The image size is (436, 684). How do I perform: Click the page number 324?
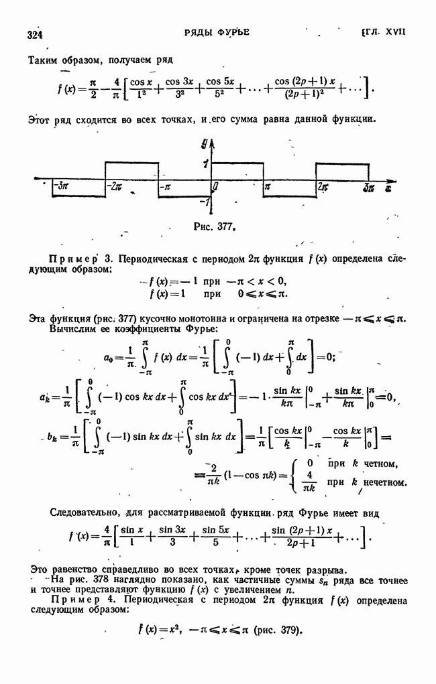pos(35,35)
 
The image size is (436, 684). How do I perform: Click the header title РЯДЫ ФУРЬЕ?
pos(217,32)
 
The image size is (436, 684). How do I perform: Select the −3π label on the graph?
pos(60,186)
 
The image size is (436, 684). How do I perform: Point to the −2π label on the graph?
pos(115,186)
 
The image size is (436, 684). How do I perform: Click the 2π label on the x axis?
pos(323,187)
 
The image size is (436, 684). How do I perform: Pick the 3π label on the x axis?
pos(369,188)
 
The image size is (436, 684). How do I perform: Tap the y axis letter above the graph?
pos(205,142)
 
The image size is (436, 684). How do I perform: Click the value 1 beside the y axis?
pos(204,163)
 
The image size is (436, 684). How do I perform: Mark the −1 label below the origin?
pos(204,202)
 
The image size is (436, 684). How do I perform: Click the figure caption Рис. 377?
pos(213,227)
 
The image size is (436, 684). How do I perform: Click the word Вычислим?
pos(70,329)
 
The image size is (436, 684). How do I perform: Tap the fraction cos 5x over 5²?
pos(220,88)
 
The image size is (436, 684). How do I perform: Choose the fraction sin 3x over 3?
pos(172,536)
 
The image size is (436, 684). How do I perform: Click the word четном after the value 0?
pos(380,464)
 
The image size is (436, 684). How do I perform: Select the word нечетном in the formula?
pos(385,482)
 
